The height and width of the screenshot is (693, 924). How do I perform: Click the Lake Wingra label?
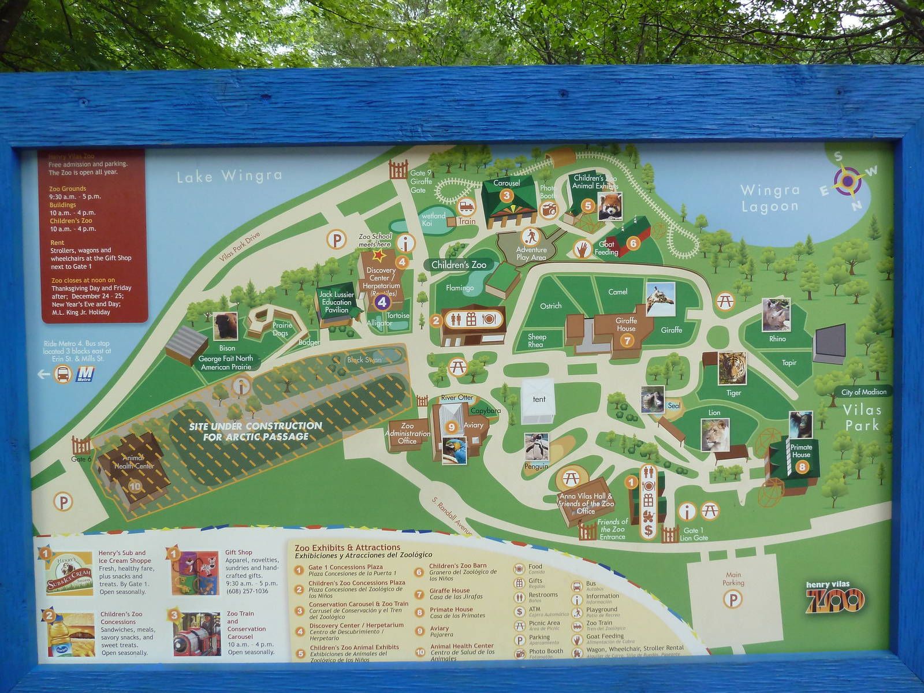click(x=229, y=176)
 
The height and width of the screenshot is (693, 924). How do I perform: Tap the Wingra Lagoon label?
click(x=770, y=198)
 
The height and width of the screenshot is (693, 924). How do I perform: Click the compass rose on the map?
click(x=847, y=181)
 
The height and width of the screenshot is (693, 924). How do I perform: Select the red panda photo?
click(x=610, y=207)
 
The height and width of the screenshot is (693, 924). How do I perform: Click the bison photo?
click(x=225, y=327)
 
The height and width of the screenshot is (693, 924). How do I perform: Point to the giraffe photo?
click(x=661, y=299)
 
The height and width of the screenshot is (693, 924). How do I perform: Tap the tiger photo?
click(x=732, y=368)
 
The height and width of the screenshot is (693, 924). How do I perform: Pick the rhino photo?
click(x=776, y=315)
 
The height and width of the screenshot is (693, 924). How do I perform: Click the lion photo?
click(x=715, y=435)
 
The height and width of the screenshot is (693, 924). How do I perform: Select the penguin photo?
click(x=536, y=447)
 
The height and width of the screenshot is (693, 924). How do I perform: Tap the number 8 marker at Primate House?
click(x=802, y=467)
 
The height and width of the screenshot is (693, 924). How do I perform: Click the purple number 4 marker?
click(x=382, y=301)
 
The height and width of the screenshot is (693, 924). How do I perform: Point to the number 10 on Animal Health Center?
click(x=135, y=486)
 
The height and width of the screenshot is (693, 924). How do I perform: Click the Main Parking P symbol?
click(x=733, y=599)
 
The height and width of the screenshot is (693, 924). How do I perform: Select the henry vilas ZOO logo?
click(x=835, y=597)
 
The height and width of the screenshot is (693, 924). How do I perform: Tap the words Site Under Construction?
click(x=255, y=426)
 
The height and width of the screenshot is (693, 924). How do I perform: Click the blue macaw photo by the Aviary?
click(x=454, y=450)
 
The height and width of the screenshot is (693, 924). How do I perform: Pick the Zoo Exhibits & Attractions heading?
click(x=347, y=547)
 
